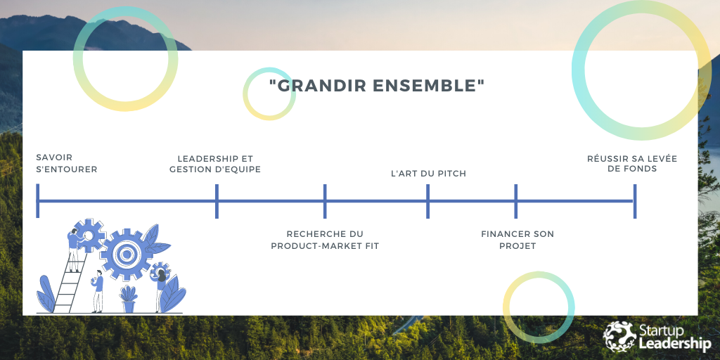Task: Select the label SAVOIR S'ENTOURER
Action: point(66,164)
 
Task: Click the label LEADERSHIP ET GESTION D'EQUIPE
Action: point(215,164)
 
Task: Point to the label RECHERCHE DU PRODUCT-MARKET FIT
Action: point(325,240)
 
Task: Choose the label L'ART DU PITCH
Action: point(428,174)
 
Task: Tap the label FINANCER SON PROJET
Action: point(517,240)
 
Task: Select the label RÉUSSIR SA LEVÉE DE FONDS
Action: point(632,164)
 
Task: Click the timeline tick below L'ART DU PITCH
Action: point(428,201)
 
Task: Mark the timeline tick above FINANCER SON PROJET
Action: point(516,201)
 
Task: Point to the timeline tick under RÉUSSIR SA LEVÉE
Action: point(635,201)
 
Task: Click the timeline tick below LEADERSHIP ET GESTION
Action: point(217,201)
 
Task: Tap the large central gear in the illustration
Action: point(127,254)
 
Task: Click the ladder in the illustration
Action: point(66,285)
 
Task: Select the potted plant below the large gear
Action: point(128,298)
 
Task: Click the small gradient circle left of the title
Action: point(269,94)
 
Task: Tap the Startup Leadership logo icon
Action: point(619,336)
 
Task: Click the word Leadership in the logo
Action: point(675,344)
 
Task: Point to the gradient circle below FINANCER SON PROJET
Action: point(539,307)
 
